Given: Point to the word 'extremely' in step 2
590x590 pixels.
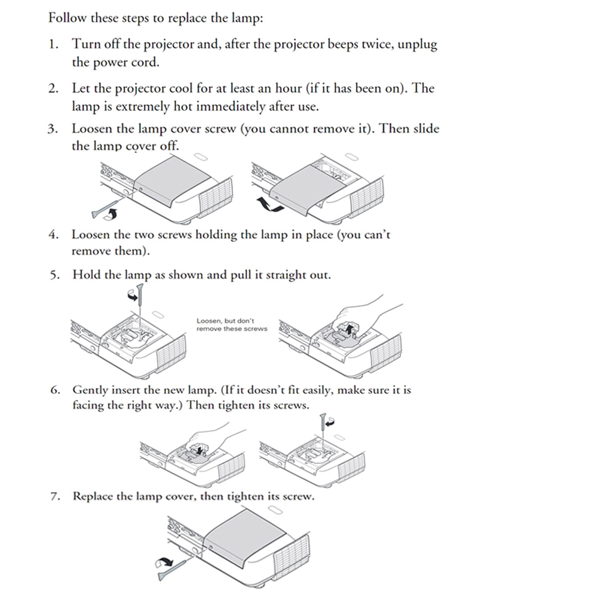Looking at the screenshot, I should point(142,107).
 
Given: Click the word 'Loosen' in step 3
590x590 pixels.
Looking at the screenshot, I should point(92,129).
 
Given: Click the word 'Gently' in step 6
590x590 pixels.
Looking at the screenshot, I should point(90,390).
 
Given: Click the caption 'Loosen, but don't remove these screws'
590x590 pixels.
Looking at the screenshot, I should point(232,325).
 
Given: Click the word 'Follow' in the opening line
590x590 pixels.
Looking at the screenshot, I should point(67,18).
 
